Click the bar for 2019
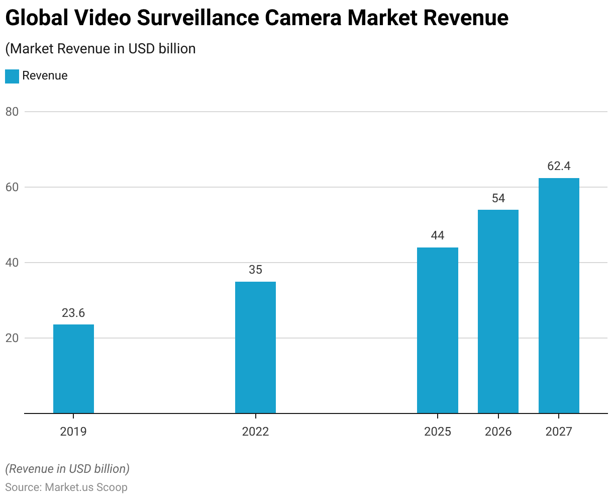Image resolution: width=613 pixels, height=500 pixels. [x=73, y=369]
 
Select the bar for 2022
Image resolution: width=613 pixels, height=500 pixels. [x=255, y=347]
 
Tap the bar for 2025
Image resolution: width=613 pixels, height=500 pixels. [x=438, y=330]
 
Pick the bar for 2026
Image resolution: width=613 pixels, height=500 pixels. [x=498, y=311]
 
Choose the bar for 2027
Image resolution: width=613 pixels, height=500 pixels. [x=559, y=295]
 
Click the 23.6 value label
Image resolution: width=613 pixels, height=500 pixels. [x=73, y=313]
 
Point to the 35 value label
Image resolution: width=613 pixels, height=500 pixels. [x=255, y=270]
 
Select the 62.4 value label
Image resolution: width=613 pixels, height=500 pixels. [x=559, y=166]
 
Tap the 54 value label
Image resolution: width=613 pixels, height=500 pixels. [x=498, y=198]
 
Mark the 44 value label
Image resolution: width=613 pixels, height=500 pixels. [x=438, y=235]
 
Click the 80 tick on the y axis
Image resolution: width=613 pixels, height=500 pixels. [x=12, y=112]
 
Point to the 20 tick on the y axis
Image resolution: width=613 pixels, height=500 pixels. [x=12, y=338]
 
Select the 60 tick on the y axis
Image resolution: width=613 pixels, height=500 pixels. [x=12, y=187]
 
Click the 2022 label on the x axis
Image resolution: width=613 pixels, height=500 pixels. [x=255, y=432]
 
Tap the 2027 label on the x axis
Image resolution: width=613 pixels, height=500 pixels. [x=559, y=432]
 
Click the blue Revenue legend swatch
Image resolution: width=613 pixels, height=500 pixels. [x=12, y=76]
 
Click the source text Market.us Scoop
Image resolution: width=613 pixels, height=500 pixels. [x=86, y=487]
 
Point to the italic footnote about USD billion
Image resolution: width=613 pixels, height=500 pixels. [x=67, y=469]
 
